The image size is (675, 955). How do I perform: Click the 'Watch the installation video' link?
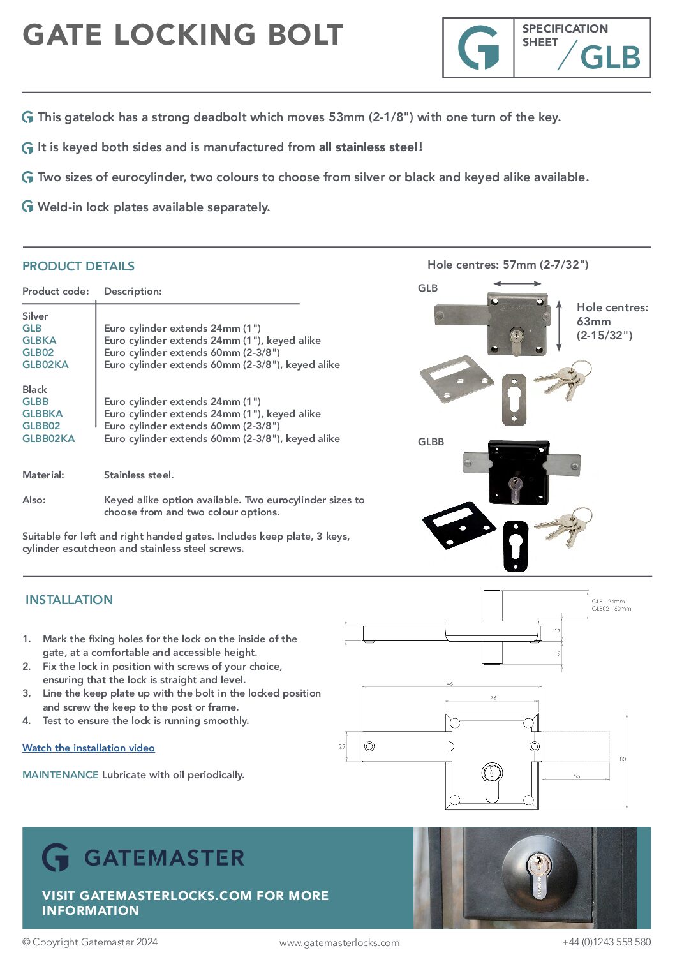(88, 748)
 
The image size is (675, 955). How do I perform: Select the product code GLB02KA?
(45, 365)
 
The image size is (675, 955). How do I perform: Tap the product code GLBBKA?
(42, 414)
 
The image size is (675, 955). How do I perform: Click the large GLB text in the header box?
(610, 58)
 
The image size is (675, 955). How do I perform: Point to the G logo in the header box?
(478, 48)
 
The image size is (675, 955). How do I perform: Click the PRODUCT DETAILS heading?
(78, 266)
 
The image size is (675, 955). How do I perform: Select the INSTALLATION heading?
(69, 600)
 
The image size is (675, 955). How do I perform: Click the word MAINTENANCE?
(61, 774)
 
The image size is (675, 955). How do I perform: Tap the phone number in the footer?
(606, 942)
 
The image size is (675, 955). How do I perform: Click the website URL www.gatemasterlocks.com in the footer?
(339, 942)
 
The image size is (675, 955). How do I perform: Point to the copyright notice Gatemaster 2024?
(90, 942)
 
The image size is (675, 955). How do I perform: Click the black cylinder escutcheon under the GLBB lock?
(516, 546)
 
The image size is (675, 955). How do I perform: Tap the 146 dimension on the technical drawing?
(449, 683)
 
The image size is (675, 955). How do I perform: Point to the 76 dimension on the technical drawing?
(493, 698)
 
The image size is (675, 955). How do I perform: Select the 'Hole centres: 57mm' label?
(508, 265)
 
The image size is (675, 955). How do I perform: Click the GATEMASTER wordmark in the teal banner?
(164, 858)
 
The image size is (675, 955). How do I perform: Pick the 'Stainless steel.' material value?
(138, 475)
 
